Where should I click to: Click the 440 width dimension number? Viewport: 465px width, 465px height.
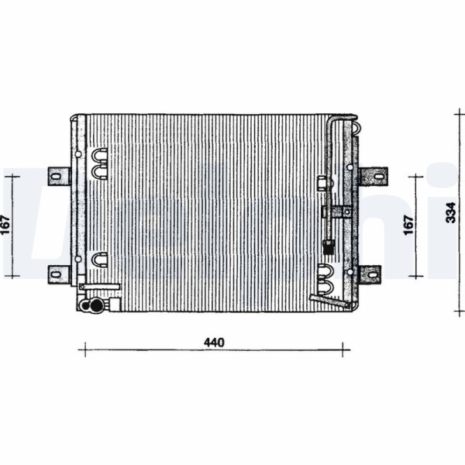pyautogui.click(x=214, y=343)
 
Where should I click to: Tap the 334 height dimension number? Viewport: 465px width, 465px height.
pyautogui.click(x=451, y=212)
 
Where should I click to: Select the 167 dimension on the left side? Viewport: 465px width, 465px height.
pyautogui.click(x=5, y=225)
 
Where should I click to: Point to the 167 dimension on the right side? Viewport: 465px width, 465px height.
pyautogui.click(x=408, y=226)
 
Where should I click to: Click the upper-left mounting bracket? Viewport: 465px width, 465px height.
pyautogui.click(x=59, y=177)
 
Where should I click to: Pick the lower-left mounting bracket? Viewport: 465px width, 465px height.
pyautogui.click(x=59, y=274)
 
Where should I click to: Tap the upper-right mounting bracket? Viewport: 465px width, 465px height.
pyautogui.click(x=373, y=176)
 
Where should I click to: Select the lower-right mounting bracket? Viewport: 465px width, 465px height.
pyautogui.click(x=370, y=274)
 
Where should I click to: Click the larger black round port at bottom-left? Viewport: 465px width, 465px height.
pyautogui.click(x=96, y=305)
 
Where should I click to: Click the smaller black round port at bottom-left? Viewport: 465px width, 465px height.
pyautogui.click(x=86, y=305)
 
